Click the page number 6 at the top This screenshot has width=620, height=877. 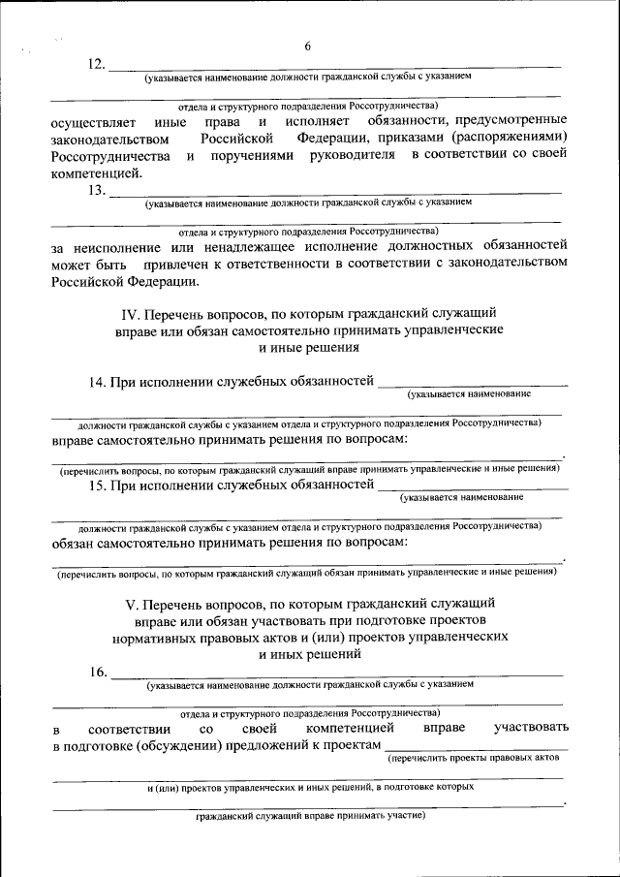(307, 47)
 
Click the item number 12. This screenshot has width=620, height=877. (96, 65)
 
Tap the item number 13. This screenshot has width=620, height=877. (96, 191)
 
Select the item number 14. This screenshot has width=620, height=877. (96, 382)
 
